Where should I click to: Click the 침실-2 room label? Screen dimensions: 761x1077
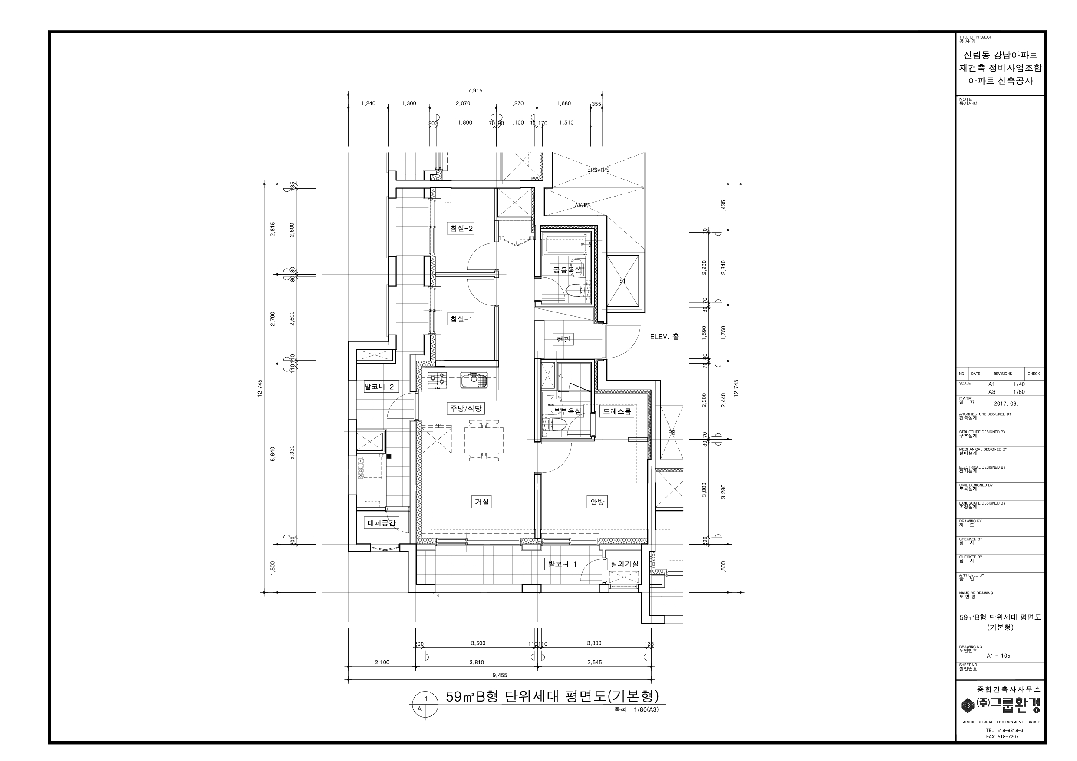pyautogui.click(x=461, y=228)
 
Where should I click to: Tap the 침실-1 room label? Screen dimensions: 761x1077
pyautogui.click(x=461, y=319)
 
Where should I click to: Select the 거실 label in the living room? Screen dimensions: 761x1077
pyautogui.click(x=482, y=502)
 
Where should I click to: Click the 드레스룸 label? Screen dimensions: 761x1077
pyautogui.click(x=617, y=411)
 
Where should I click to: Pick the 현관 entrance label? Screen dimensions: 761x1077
pyautogui.click(x=563, y=339)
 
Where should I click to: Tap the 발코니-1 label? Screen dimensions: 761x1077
pyautogui.click(x=561, y=564)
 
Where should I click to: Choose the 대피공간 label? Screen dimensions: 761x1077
pyautogui.click(x=382, y=522)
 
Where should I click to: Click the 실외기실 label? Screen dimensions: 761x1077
pyautogui.click(x=624, y=564)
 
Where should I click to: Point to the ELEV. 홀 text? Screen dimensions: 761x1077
pyautogui.click(x=664, y=337)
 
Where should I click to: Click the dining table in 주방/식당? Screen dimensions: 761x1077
pyautogui.click(x=484, y=440)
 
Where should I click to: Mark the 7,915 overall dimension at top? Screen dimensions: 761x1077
pyautogui.click(x=475, y=91)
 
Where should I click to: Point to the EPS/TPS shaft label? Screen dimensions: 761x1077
pyautogui.click(x=599, y=170)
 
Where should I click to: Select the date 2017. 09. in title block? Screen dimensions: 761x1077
pyautogui.click(x=1006, y=403)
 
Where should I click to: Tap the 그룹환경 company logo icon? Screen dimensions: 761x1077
pyautogui.click(x=968, y=705)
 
